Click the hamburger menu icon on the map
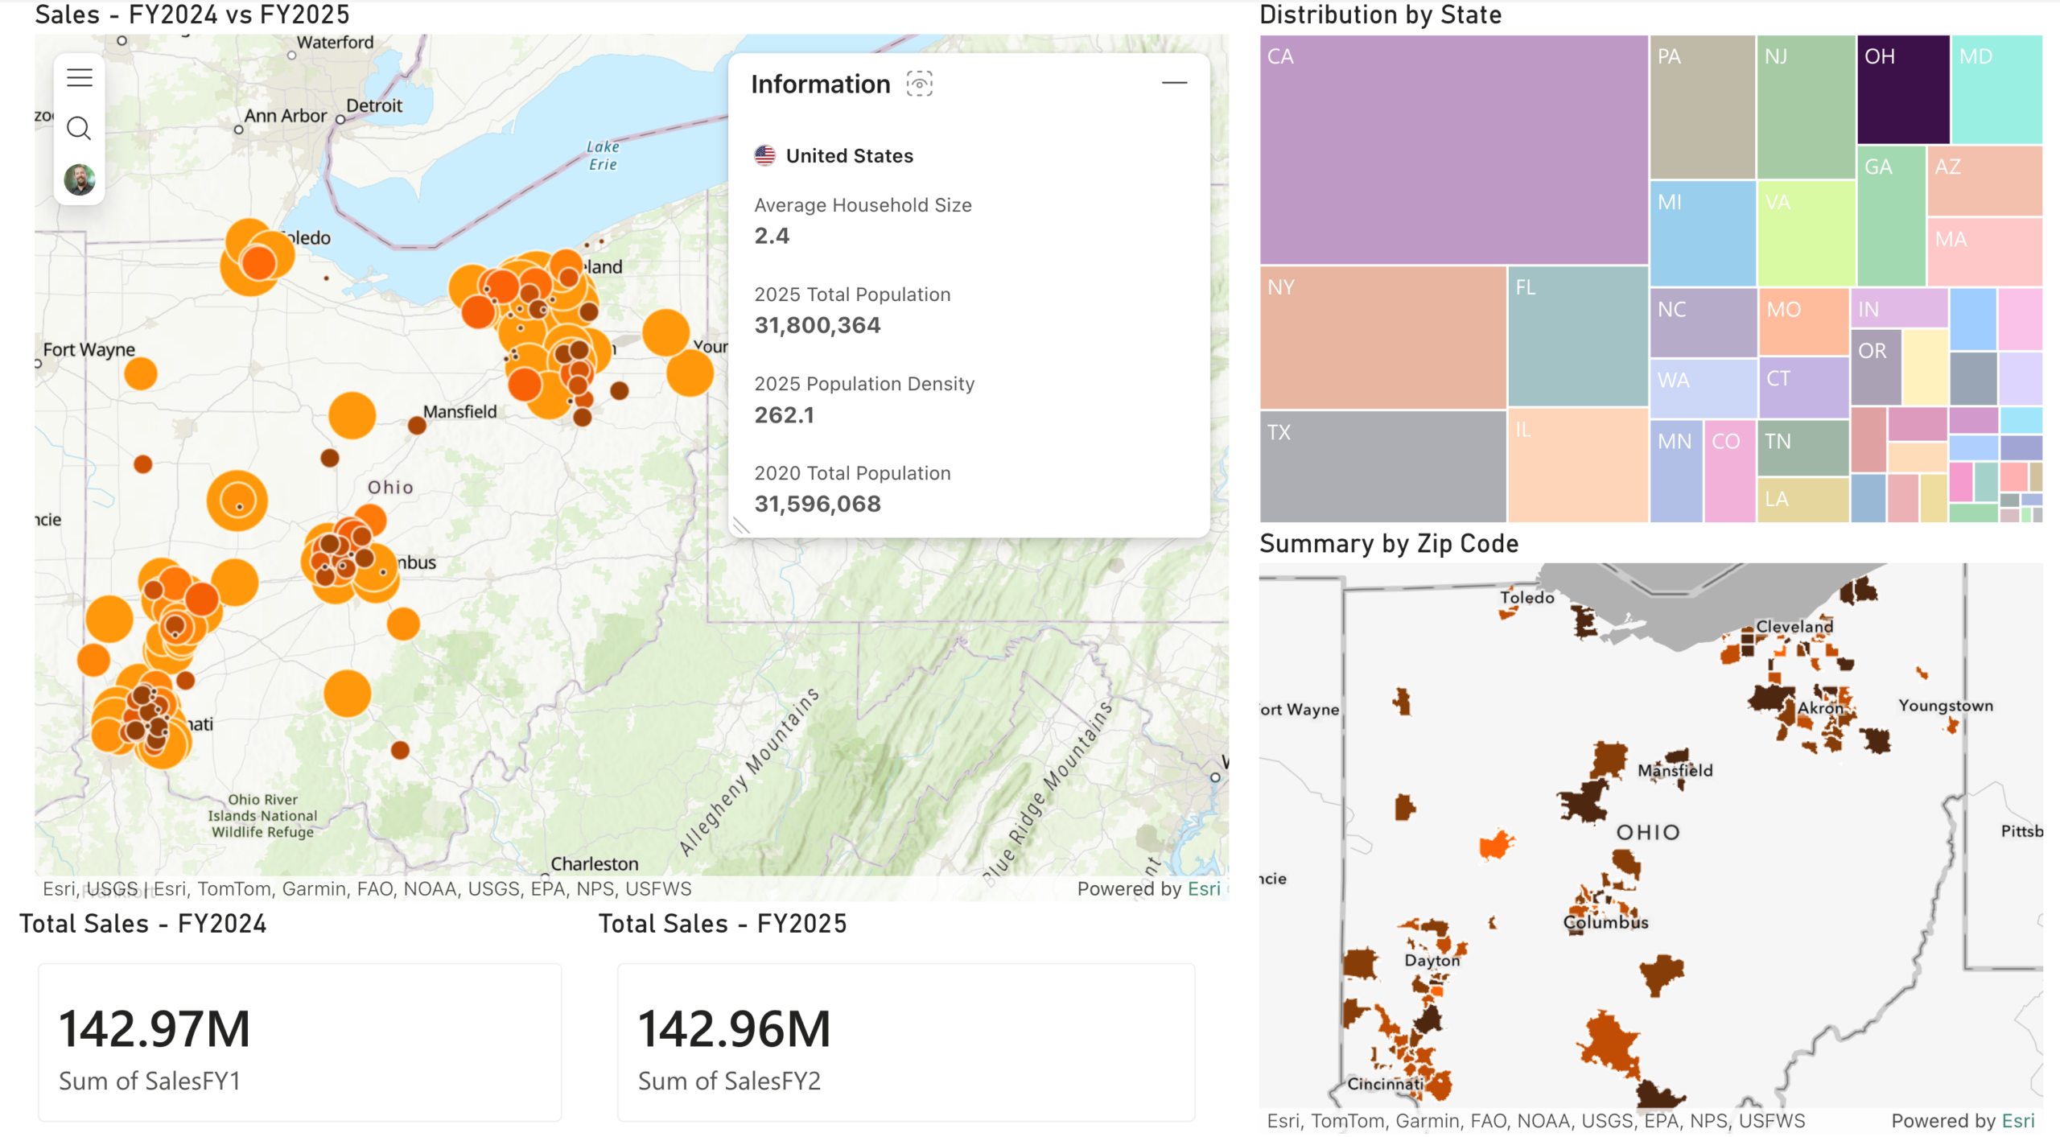[x=79, y=77]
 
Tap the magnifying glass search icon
[x=79, y=128]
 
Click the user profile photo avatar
[x=79, y=179]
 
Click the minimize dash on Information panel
[x=1174, y=83]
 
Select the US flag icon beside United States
[x=764, y=155]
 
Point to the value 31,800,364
[x=817, y=325]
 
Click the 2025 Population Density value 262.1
[x=784, y=414]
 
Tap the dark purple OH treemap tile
[x=1902, y=89]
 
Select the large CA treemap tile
[x=1453, y=150]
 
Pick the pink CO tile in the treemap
[x=1728, y=471]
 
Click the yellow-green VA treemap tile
[x=1806, y=233]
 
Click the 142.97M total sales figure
[x=154, y=1028]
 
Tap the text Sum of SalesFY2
[x=729, y=1081]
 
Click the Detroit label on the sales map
[x=374, y=105]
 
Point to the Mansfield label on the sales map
[x=459, y=411]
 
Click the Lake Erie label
[x=602, y=155]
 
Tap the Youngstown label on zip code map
[x=1945, y=706]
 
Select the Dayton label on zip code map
[x=1432, y=960]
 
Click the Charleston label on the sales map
[x=594, y=863]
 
